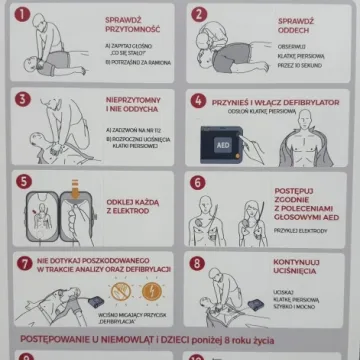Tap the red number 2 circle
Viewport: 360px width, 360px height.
(198, 16)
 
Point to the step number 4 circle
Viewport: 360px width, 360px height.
(198, 101)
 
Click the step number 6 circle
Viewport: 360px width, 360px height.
(198, 184)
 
